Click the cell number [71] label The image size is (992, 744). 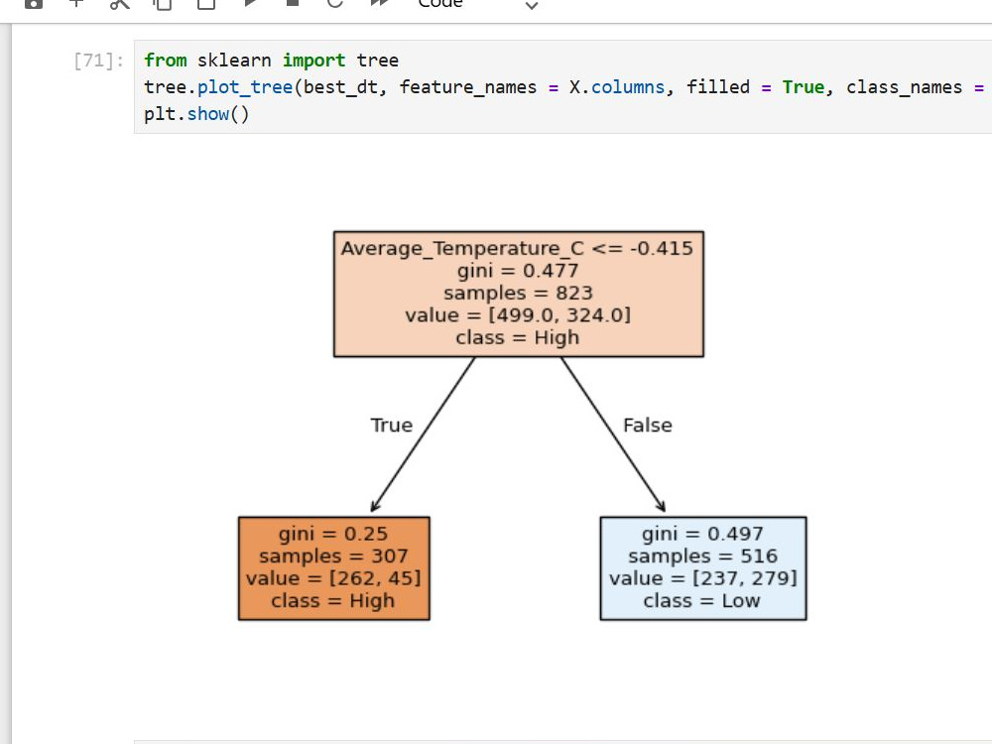point(98,61)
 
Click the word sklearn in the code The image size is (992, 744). point(233,61)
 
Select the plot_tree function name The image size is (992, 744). point(245,87)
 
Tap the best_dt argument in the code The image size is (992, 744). point(340,87)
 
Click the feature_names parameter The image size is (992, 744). point(467,87)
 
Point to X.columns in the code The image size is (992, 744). point(617,86)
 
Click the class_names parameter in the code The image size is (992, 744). point(904,87)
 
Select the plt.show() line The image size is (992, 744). point(196,114)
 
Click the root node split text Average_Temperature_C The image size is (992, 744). point(462,248)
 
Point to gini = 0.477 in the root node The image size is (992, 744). point(518,271)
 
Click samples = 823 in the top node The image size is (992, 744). point(518,293)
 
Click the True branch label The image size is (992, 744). point(392,426)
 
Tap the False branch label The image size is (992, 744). point(647,426)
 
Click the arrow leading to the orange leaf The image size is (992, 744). point(423,434)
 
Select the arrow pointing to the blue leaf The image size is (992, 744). point(613,434)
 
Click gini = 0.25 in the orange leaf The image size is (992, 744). point(333,534)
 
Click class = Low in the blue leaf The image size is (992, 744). point(701,600)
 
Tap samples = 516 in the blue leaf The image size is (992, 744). point(703,557)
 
